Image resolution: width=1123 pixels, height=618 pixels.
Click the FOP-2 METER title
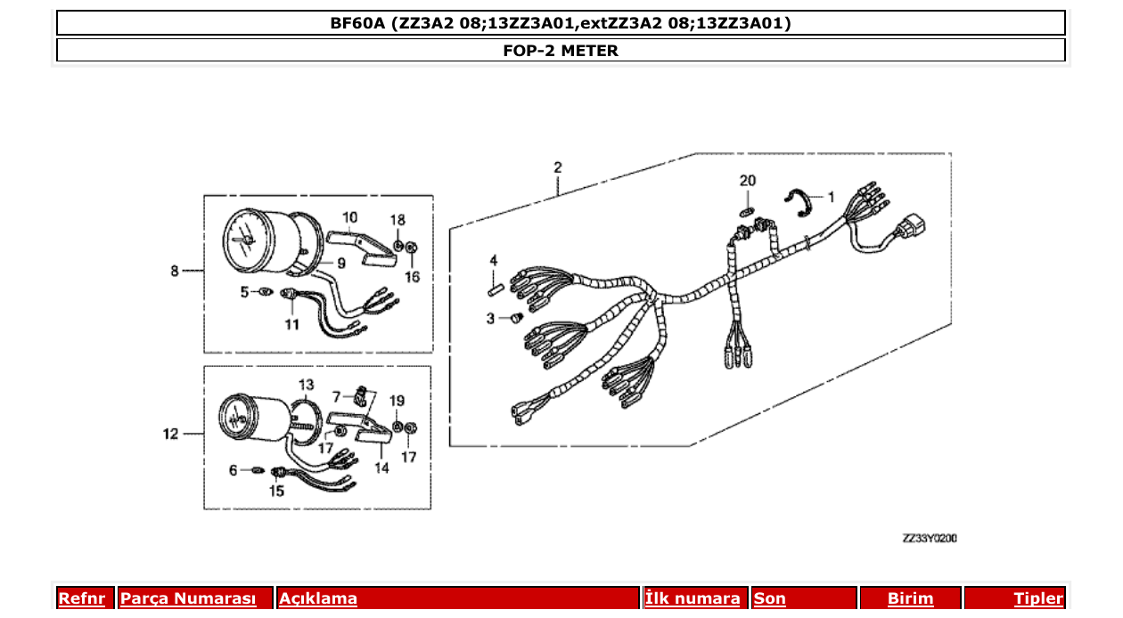point(561,51)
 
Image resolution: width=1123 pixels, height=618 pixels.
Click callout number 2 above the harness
point(558,167)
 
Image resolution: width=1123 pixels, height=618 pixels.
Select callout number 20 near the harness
point(748,181)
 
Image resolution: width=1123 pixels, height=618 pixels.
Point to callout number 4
point(492,260)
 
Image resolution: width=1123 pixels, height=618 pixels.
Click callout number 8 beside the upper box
point(175,271)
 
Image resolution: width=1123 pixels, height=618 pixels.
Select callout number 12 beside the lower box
point(170,435)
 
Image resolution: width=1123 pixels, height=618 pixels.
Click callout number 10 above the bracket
point(349,216)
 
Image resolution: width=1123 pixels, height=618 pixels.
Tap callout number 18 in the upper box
point(398,220)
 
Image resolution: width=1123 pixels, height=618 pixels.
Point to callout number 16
point(412,277)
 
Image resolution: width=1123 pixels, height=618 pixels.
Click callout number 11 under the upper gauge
point(292,324)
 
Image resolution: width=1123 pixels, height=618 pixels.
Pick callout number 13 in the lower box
point(306,385)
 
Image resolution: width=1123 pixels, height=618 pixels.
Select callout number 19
point(398,401)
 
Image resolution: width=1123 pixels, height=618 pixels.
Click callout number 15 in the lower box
point(276,491)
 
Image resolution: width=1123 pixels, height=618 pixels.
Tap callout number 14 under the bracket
point(381,468)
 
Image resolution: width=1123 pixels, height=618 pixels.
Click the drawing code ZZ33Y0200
point(930,539)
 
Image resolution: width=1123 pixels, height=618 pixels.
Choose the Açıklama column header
point(318,599)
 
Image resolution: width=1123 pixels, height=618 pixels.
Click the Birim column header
point(910,599)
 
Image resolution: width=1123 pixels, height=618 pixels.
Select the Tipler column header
point(1038,599)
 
